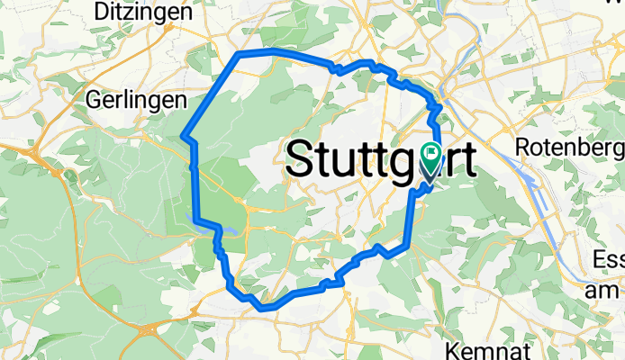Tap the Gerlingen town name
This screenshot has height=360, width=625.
tap(136, 100)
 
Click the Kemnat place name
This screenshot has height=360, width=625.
tap(488, 348)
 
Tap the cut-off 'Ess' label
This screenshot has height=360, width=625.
tap(609, 261)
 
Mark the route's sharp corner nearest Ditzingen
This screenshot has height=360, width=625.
tap(239, 55)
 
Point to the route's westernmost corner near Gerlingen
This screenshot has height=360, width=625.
tap(184, 137)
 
